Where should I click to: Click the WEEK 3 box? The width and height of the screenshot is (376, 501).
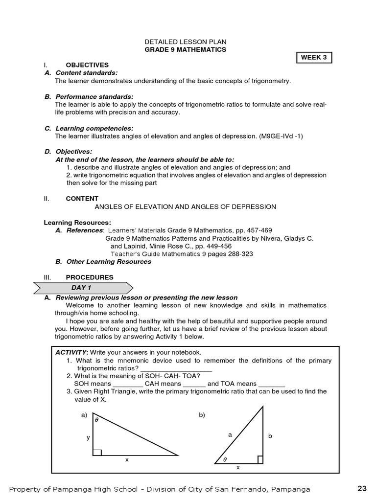pyautogui.click(x=314, y=58)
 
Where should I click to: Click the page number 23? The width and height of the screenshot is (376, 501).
pyautogui.click(x=362, y=488)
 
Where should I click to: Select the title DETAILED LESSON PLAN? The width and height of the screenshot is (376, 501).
pyautogui.click(x=186, y=42)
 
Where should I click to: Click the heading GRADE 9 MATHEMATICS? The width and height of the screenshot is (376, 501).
pyautogui.click(x=186, y=50)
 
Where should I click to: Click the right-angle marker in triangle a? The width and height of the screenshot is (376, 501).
pyautogui.click(x=97, y=452)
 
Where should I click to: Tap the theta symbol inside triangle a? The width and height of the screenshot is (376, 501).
pyautogui.click(x=96, y=420)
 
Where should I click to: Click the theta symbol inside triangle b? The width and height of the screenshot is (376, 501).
pyautogui.click(x=225, y=459)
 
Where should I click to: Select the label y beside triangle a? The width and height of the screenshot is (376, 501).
pyautogui.click(x=88, y=437)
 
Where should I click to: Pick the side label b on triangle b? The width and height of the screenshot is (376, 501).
pyautogui.click(x=269, y=435)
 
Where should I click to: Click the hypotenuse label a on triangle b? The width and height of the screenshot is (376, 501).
pyautogui.click(x=230, y=434)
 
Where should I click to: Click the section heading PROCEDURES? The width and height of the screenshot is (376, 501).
pyautogui.click(x=90, y=277)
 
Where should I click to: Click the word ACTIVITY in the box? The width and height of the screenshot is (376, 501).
pyautogui.click(x=71, y=352)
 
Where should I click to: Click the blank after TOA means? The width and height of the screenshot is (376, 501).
pyautogui.click(x=271, y=384)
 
